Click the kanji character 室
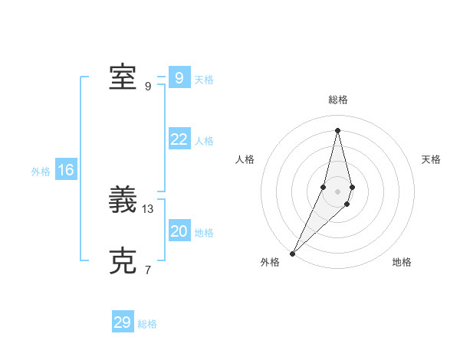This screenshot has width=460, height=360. [x=123, y=77]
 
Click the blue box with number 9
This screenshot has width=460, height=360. [x=179, y=77]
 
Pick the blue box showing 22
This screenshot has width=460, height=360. [x=179, y=139]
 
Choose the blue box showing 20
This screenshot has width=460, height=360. [x=179, y=231]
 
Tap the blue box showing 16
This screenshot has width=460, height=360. [x=65, y=170]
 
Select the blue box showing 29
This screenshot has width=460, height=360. [x=123, y=322]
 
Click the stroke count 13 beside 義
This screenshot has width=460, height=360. [x=149, y=208]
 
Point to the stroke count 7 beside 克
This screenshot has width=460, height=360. [x=148, y=270]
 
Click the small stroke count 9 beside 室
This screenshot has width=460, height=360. [x=148, y=86]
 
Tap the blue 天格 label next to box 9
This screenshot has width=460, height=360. [x=204, y=80]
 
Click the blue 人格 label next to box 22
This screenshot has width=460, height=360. [x=204, y=141]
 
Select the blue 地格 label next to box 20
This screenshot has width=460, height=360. [x=204, y=233]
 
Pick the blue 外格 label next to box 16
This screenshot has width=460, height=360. [x=41, y=172]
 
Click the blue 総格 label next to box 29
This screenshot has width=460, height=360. [x=147, y=324]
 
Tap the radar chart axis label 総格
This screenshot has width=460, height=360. [x=338, y=100]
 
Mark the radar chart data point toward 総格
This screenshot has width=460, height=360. [x=337, y=130]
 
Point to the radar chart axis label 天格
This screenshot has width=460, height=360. [x=432, y=159]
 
